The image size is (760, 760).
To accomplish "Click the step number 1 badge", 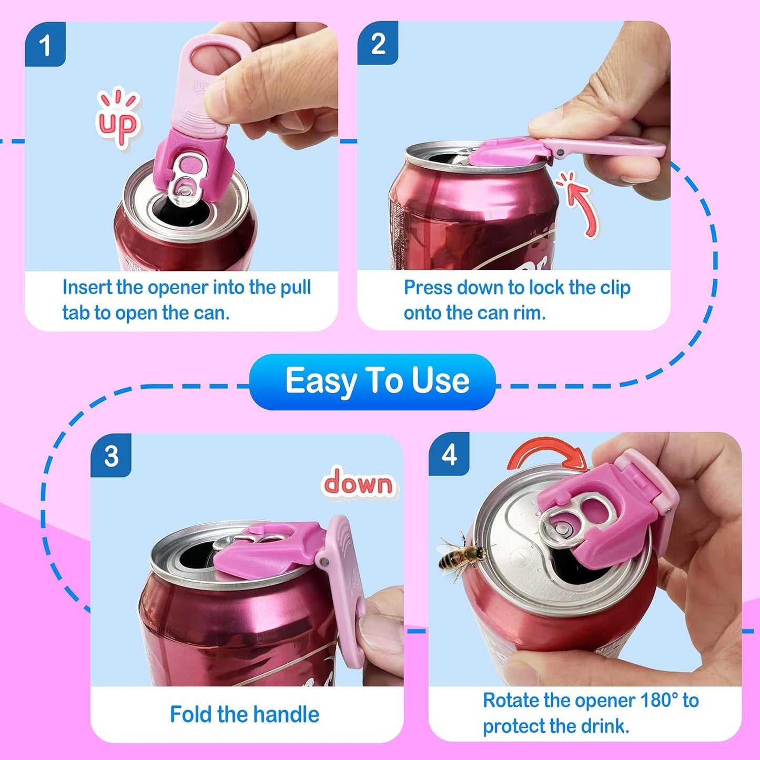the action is coord(45,45).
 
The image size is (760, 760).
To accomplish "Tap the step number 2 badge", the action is coord(378,43).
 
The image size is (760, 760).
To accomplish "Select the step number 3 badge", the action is coord(111,456).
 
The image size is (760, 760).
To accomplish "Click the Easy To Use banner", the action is coord(372,381).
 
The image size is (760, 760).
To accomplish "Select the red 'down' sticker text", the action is coord(358,482).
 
